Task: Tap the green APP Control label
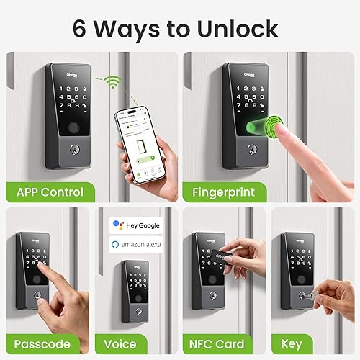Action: pos(50,192)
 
